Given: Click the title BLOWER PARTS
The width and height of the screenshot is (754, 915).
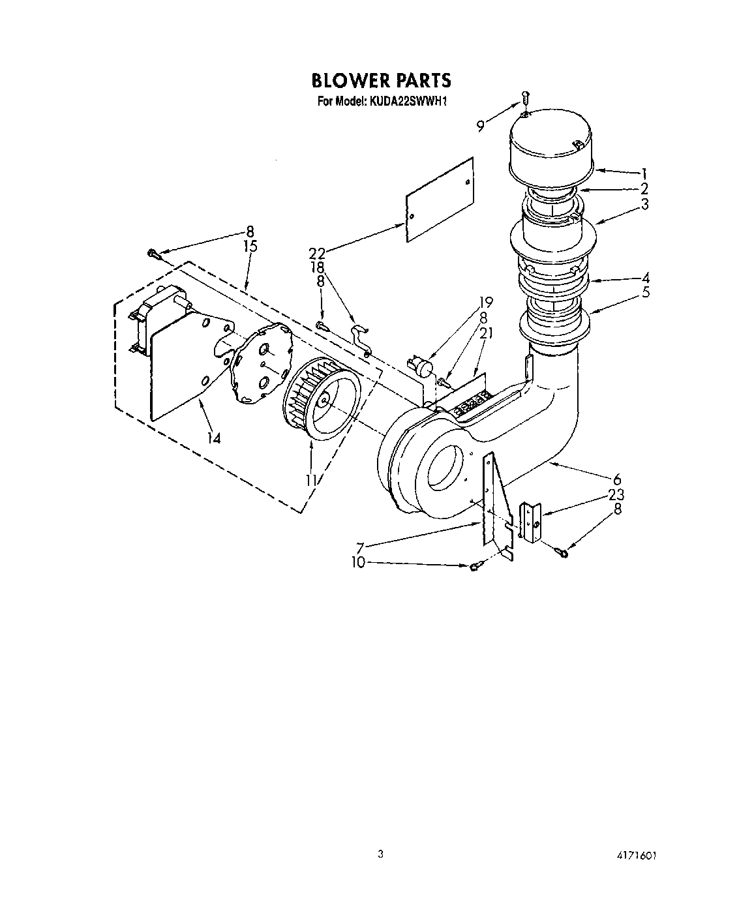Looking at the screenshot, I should [x=381, y=80].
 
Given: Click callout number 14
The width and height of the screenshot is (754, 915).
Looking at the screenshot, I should [x=213, y=438].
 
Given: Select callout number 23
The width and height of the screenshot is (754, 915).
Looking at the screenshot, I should [x=616, y=494].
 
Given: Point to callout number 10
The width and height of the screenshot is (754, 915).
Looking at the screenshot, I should [x=359, y=562].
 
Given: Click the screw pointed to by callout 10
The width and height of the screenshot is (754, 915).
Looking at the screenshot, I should [x=474, y=567].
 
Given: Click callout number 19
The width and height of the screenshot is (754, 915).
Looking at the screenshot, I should [x=485, y=302].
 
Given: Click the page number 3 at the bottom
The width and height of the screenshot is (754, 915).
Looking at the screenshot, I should [x=379, y=854].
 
